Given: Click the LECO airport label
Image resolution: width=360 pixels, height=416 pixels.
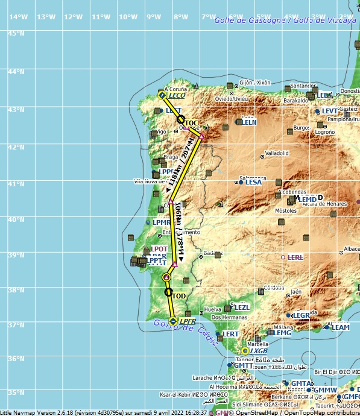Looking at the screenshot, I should click(177, 95).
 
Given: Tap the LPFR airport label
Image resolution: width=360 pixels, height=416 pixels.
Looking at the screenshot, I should click(188, 321).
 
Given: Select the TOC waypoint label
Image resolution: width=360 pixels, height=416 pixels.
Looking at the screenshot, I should click(191, 123).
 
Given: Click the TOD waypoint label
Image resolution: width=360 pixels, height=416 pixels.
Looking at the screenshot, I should click(178, 296).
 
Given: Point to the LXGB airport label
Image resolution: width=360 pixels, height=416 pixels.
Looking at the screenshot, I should click(259, 350).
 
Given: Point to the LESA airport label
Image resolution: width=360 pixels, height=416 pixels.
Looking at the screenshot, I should click(253, 181).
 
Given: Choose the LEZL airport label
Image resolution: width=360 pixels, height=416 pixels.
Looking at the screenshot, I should click(241, 307).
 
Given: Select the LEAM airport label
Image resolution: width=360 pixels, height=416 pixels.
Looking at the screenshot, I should click(341, 327).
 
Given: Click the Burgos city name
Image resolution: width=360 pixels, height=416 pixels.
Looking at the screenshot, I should click(301, 128).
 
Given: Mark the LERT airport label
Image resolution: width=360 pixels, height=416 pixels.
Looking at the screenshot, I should click(230, 333).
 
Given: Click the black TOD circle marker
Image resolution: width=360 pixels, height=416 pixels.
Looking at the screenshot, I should click(168, 292).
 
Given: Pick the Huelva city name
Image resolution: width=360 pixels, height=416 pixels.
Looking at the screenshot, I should click(213, 309).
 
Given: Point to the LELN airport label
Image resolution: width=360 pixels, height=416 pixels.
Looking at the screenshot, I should click(250, 122).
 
